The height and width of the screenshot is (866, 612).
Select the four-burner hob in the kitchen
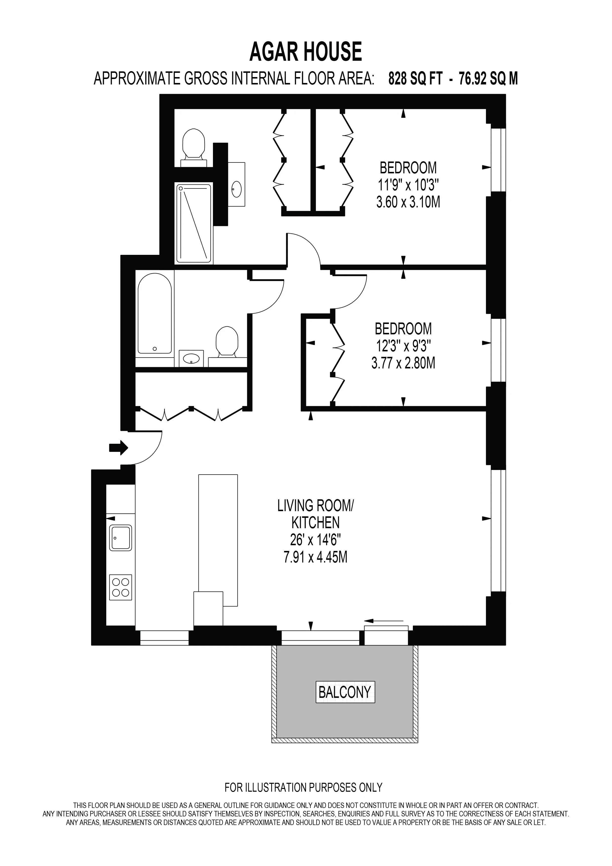pyautogui.click(x=121, y=587)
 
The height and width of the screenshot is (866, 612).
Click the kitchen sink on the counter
pyautogui.click(x=121, y=538)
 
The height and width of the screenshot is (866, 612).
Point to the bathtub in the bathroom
pyautogui.click(x=154, y=314)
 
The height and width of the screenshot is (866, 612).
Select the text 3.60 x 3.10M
pyautogui.click(x=408, y=202)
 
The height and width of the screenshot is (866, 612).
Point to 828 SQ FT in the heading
pyautogui.click(x=415, y=79)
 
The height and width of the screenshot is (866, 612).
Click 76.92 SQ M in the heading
pyautogui.click(x=488, y=79)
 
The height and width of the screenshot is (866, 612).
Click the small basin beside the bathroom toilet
pyautogui.click(x=191, y=358)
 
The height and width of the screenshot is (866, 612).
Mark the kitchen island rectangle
pyautogui.click(x=218, y=540)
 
